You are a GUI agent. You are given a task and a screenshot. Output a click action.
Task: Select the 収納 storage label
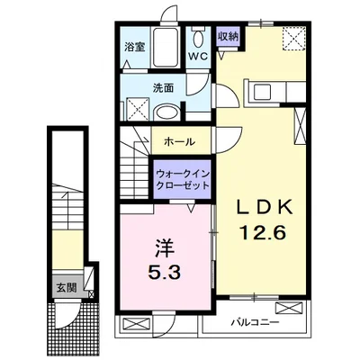[228, 36]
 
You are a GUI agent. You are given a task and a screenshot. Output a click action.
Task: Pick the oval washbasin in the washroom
[166, 112]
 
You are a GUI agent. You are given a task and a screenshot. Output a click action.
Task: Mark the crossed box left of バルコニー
[132, 325]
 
